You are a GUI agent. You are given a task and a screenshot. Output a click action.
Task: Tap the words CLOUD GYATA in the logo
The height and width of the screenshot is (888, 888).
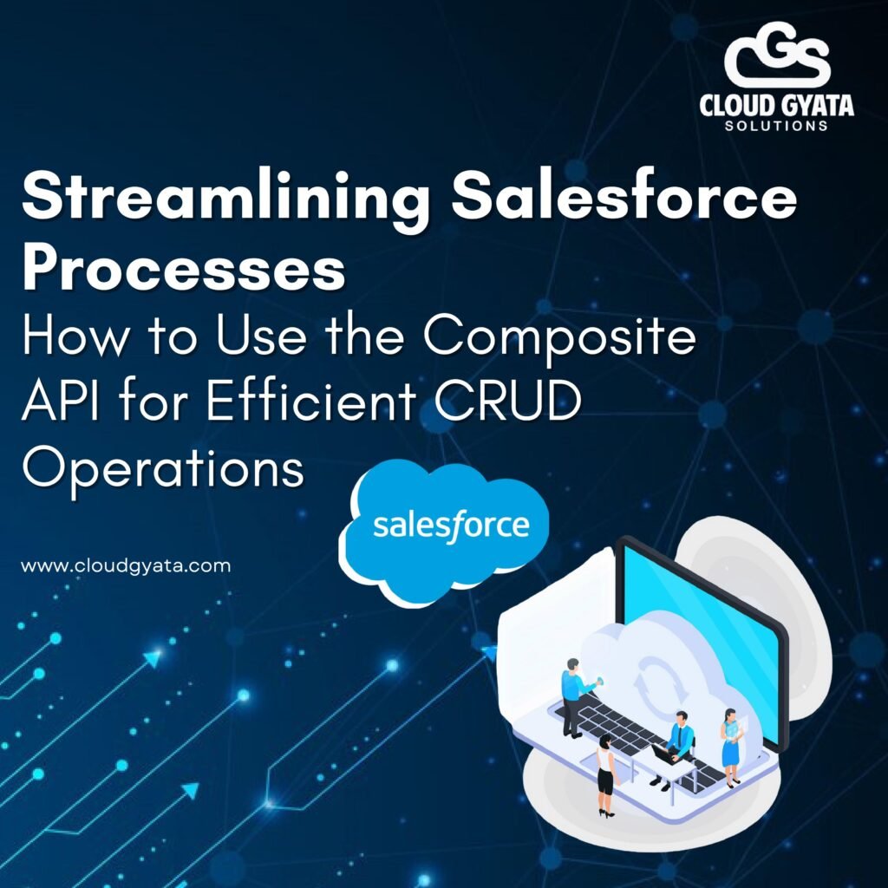(777, 107)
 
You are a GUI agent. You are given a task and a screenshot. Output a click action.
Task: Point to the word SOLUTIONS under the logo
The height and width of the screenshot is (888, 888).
(777, 126)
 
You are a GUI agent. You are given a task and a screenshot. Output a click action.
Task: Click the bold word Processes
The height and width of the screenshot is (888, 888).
(184, 270)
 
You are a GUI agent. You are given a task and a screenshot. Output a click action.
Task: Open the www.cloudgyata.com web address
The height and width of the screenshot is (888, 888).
(126, 566)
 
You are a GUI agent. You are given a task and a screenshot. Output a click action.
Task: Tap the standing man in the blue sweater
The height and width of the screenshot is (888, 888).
(575, 695)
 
